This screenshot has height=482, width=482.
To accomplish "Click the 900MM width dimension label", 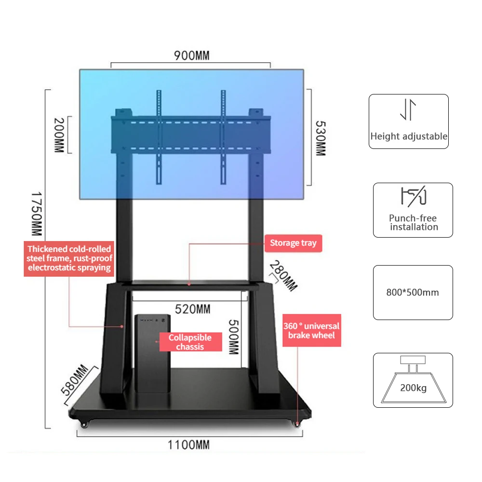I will coord(191,55).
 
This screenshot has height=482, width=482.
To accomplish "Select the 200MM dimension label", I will coord(58,135).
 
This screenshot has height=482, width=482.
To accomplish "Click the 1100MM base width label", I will coord(189,444).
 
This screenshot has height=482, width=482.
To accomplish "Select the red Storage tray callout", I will coord(293,243).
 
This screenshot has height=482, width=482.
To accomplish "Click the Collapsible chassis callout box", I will coord(190,342).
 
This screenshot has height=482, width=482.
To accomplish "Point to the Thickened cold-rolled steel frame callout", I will coord(69,258).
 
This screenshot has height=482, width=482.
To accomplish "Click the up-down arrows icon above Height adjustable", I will coord(408,110).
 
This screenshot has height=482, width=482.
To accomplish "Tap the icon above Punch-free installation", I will coord(413,197).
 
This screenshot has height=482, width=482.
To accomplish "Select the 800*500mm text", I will coord(413,292).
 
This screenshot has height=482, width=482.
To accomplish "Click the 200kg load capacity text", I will coord(413,388).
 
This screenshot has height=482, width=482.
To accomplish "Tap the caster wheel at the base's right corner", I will coord(297,424).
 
